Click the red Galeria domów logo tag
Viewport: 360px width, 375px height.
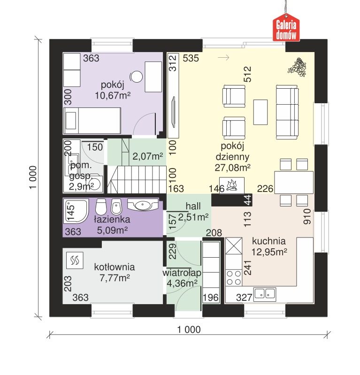click(x=286, y=28)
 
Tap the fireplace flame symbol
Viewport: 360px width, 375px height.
click(x=232, y=185)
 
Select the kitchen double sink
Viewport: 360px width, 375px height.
click(x=265, y=294)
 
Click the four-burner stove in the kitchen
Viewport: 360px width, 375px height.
click(x=234, y=278)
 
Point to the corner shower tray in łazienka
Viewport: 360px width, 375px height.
click(x=76, y=211)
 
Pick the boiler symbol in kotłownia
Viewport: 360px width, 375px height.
click(x=75, y=260)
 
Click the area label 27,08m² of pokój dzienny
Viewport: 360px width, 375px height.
click(x=232, y=168)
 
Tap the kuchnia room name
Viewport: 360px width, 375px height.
click(x=268, y=241)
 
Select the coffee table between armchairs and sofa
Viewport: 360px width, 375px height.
click(x=260, y=112)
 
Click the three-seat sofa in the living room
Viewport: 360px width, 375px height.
click(x=287, y=112)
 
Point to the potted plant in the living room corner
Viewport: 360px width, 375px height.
click(x=297, y=67)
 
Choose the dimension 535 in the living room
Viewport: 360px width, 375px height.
click(x=191, y=58)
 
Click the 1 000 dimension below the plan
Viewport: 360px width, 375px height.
click(x=189, y=329)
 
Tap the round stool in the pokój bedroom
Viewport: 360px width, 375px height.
click(x=136, y=77)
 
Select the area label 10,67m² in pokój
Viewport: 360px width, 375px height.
click(x=113, y=96)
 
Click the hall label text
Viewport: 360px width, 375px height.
click(x=193, y=206)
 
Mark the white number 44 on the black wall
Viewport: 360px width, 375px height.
click(x=247, y=200)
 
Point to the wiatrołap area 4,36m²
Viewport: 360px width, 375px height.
click(x=182, y=283)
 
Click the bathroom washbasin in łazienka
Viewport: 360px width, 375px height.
click(x=143, y=204)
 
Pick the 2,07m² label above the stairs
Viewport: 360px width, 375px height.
click(x=147, y=156)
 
